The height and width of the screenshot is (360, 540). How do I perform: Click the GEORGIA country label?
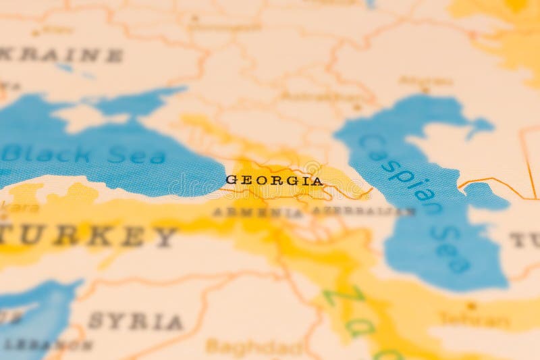(274, 180)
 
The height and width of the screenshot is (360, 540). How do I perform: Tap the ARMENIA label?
(258, 212)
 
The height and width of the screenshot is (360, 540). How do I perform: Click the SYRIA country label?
(135, 322)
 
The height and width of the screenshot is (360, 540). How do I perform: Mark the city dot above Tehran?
(471, 305)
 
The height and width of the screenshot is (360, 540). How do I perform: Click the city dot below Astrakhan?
(356, 107)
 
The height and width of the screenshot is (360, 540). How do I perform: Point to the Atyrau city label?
(425, 80)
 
